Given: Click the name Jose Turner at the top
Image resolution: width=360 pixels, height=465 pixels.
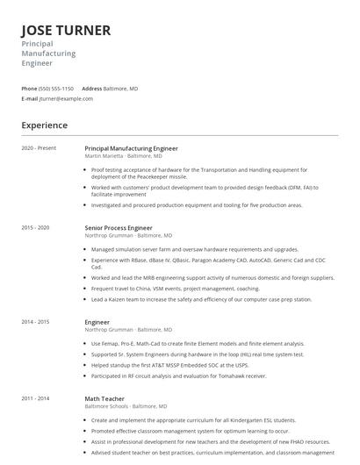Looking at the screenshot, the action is coord(66,31).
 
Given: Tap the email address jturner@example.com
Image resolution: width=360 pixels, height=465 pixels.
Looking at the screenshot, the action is coord(66,98).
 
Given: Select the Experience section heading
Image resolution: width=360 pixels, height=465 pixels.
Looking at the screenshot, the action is coord(45,125).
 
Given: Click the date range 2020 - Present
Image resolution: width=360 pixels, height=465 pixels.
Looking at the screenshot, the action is coord(39,148).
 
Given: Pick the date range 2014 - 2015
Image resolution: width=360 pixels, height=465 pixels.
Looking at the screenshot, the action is coord(35,322).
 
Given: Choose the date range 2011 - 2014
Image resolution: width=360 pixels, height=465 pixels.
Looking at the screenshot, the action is coord(35,398).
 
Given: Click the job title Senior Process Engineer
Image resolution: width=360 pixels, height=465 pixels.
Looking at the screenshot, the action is coord(119,227).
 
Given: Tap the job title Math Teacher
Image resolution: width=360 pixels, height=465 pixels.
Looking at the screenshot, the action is coord(104,398).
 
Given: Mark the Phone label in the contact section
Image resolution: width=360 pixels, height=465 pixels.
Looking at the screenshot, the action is coord(29,89).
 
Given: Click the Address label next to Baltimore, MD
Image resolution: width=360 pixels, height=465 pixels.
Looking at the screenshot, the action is coord(92,89).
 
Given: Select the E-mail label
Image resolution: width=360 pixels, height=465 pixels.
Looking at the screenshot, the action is coord(30,98).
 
